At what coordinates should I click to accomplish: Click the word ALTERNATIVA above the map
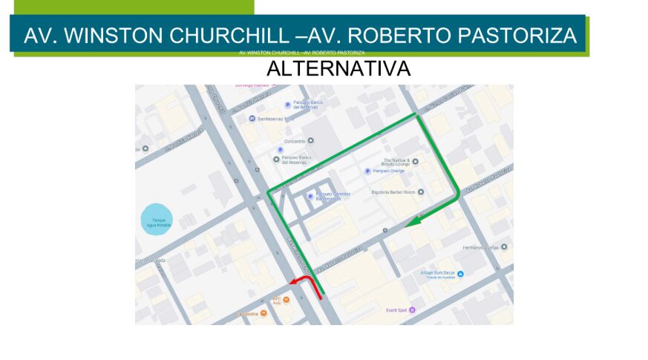click(338, 69)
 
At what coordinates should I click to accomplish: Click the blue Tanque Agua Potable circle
click(157, 220)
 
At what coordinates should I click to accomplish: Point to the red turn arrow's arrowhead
click(292, 281)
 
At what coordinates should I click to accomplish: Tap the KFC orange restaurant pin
click(286, 299)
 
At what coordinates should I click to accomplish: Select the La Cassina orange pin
click(263, 314)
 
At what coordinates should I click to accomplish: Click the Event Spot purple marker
click(412, 310)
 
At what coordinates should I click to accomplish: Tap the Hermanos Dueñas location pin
click(504, 246)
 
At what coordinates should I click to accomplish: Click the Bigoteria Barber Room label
click(393, 192)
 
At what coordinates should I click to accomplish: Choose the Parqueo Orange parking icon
click(368, 171)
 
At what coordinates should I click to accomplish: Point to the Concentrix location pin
click(311, 141)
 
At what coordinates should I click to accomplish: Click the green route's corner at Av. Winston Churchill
click(269, 194)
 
